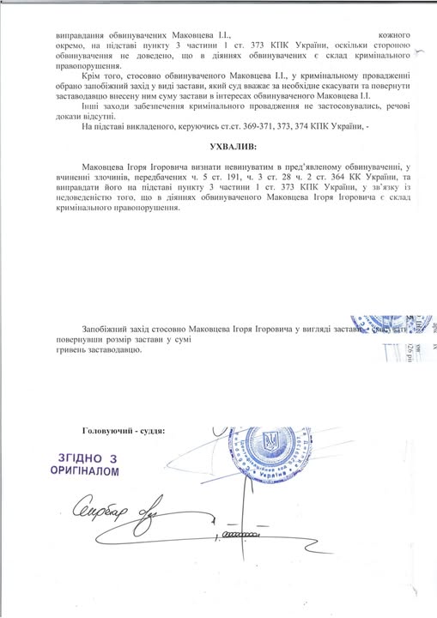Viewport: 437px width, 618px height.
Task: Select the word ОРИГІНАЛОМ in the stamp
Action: [x=84, y=471]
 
